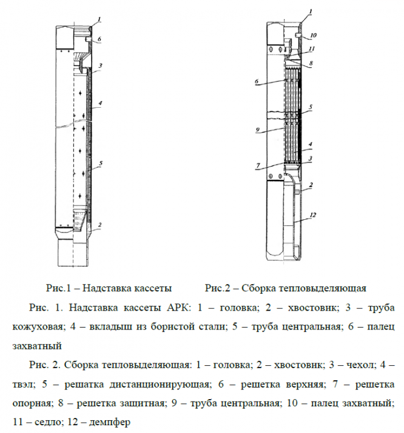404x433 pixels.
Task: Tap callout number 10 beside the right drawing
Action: pos(314,35)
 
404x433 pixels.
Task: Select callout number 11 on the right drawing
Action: pos(311,49)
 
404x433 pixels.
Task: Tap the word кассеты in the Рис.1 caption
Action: pos(152,287)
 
